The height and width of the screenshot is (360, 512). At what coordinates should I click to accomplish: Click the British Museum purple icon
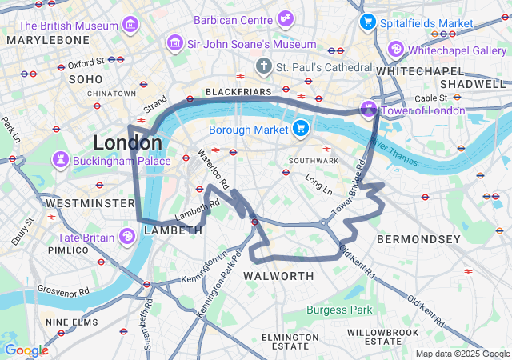[x=130, y=26]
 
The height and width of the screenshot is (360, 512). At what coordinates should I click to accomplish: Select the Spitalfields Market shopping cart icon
[x=367, y=22]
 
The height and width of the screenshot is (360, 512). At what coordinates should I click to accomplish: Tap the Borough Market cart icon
[x=301, y=128]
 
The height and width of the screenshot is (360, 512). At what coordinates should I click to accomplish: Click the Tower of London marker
[x=368, y=109]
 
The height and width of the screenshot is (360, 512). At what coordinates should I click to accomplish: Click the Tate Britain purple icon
[x=126, y=236]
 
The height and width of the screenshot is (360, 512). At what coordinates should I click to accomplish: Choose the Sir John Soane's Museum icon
[x=174, y=42]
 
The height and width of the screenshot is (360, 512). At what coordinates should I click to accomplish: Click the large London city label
[x=127, y=143]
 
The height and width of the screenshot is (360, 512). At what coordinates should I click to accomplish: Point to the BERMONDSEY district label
[x=418, y=239]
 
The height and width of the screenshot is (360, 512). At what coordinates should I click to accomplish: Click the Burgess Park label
[x=342, y=310]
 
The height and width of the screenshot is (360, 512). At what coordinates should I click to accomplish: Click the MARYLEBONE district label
[x=48, y=40]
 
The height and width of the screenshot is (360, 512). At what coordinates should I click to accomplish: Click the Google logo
[x=26, y=350]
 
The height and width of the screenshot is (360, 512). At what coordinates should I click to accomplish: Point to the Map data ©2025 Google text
[x=461, y=354]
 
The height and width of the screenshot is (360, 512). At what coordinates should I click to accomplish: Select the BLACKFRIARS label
[x=238, y=92]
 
